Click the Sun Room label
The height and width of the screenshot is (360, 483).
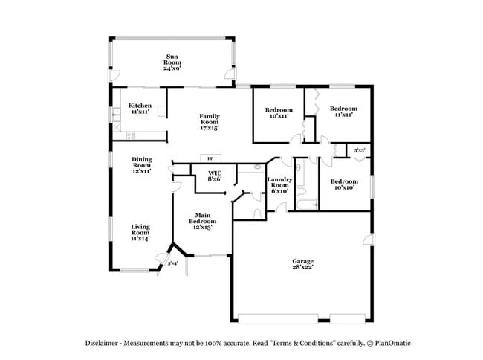(172, 62)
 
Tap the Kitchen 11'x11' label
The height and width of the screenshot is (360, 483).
(140, 109)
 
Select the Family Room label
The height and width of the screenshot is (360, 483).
(209, 121)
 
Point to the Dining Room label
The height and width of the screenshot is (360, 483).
(141, 164)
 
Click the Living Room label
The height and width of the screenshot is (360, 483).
(141, 233)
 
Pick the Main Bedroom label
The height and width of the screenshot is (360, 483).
(202, 221)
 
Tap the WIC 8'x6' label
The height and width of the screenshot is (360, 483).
(215, 176)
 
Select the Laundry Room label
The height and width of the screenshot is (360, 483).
(280, 184)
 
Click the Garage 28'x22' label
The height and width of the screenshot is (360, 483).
(302, 264)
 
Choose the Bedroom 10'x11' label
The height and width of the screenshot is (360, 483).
(279, 112)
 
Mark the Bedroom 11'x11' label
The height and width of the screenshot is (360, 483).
(340, 111)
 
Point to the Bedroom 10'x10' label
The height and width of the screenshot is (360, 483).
(343, 184)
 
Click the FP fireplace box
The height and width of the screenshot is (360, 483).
(210, 158)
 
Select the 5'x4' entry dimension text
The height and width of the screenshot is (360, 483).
(172, 263)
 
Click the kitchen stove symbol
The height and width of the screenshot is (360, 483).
(132, 135)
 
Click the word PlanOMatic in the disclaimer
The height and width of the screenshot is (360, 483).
(390, 343)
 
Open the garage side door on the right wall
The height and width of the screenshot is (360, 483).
(366, 239)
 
